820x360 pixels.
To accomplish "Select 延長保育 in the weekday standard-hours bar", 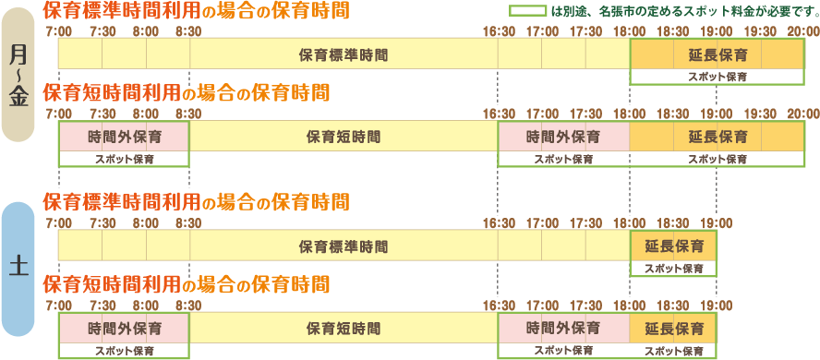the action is point(717,54).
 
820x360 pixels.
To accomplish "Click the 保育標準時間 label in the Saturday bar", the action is point(344,246).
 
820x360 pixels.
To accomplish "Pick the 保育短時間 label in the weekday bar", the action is point(344,138).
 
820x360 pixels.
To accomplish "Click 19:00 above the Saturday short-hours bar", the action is point(717,306).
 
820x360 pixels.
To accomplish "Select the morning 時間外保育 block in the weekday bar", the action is point(124,138).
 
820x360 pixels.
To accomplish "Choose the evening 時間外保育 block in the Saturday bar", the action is point(563,329).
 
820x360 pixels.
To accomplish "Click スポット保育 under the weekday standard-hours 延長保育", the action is point(717,77).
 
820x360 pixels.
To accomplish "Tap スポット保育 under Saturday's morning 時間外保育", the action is point(124,350).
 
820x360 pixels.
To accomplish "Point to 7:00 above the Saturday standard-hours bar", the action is point(58,222).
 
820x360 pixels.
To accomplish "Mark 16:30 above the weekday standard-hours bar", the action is point(499,31).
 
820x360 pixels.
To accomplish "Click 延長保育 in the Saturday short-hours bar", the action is point(673,329).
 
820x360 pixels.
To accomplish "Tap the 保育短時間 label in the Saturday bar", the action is point(344,329).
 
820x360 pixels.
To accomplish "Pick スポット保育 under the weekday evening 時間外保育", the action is point(563,159).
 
